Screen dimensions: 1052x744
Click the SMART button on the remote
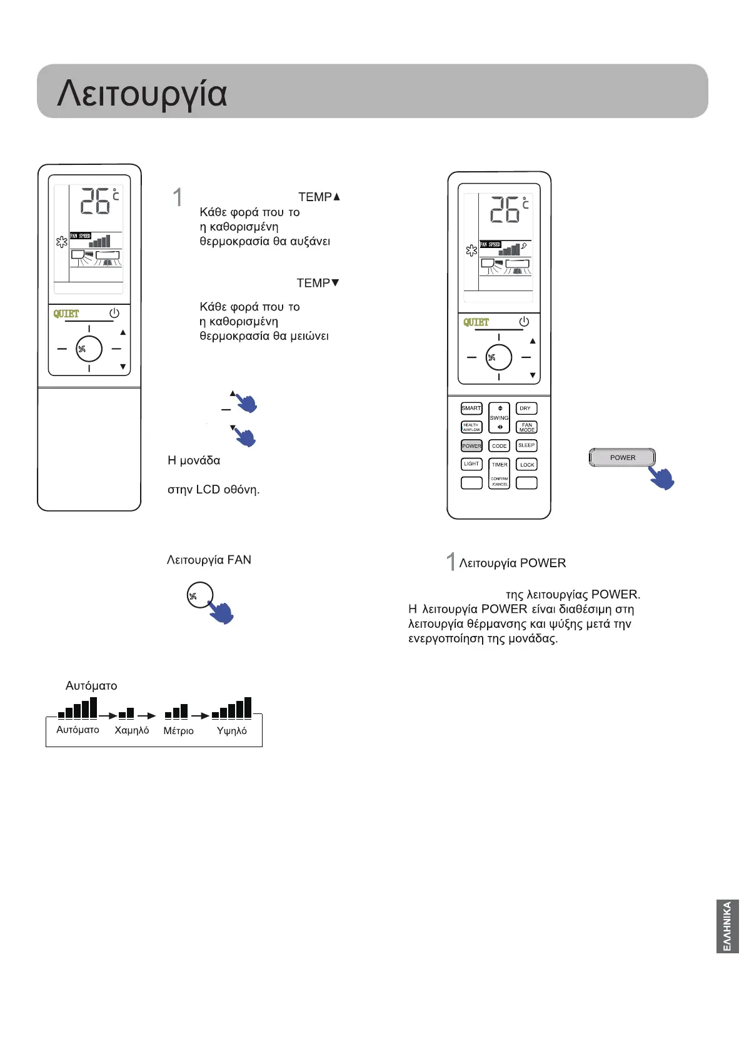tap(471, 409)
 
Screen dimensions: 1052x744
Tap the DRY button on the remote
tap(526, 409)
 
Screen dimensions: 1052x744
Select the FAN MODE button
tap(526, 427)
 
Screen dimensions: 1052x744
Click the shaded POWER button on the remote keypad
tap(471, 446)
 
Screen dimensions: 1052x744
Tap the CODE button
tap(499, 446)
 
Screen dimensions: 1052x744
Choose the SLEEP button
tap(526, 445)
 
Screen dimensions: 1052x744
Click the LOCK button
tap(526, 465)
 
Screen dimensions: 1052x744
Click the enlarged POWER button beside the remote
tap(622, 458)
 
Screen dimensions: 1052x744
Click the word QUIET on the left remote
tap(66, 314)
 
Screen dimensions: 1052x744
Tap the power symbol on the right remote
tap(524, 322)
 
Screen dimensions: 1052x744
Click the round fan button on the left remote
tap(89, 349)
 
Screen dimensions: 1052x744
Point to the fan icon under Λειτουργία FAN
tap(199, 595)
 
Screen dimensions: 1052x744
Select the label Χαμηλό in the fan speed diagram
tap(132, 730)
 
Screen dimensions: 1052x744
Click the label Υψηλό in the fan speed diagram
tap(231, 730)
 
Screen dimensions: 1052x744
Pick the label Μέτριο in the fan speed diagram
tap(179, 730)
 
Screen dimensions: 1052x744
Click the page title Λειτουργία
tap(142, 94)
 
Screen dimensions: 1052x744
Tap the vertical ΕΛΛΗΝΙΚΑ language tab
tap(728, 926)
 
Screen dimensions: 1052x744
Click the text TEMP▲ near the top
tap(319, 197)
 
